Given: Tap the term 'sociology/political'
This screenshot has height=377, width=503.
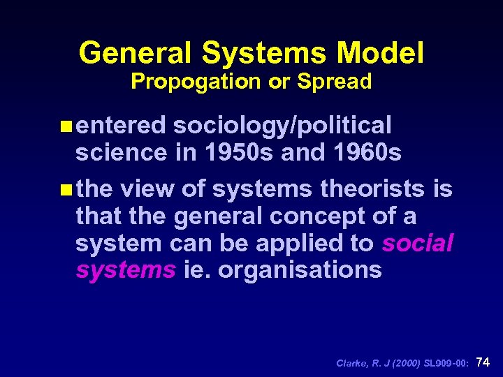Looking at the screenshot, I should click(x=282, y=126).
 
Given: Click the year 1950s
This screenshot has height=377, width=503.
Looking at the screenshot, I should click(x=240, y=152).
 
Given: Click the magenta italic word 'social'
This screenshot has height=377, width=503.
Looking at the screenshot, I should click(x=418, y=243).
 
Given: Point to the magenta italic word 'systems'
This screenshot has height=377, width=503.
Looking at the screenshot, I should click(x=125, y=269).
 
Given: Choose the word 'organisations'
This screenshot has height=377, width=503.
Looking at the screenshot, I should click(x=300, y=269).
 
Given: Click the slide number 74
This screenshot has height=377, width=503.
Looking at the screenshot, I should click(x=483, y=362).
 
